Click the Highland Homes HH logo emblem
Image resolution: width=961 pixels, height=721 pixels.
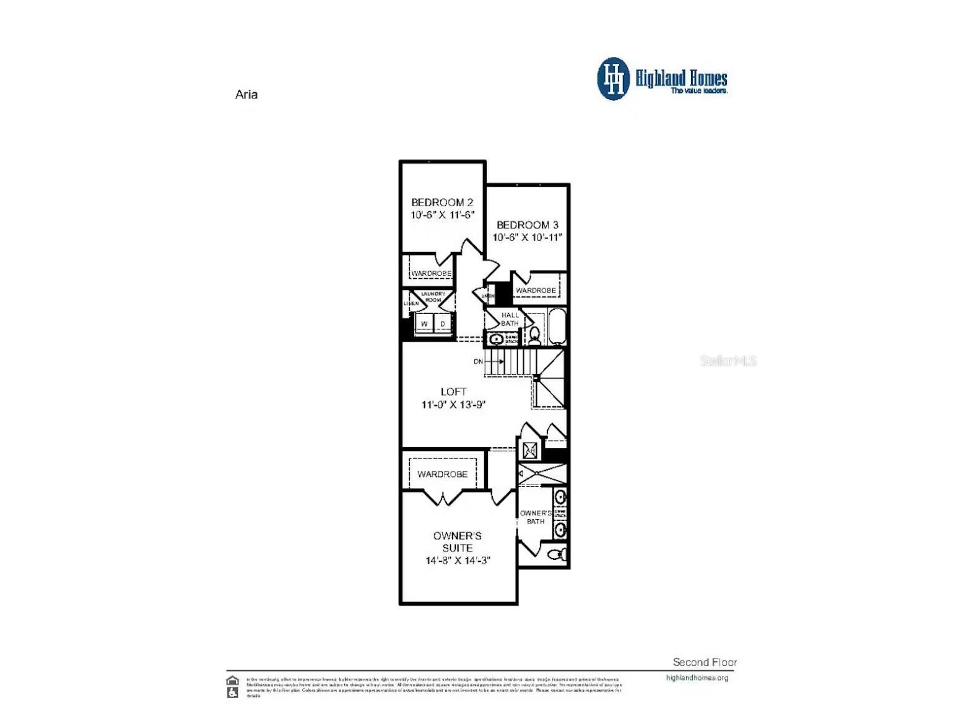tap(613, 79)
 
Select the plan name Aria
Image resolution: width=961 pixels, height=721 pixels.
tap(246, 95)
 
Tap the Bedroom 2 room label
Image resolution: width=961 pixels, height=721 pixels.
tap(442, 203)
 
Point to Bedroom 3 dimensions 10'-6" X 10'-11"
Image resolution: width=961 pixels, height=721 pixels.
tap(527, 237)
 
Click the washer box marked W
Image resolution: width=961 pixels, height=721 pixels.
tap(424, 324)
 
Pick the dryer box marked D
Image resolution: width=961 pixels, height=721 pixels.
tap(443, 324)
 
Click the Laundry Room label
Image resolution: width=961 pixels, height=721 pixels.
tap(433, 297)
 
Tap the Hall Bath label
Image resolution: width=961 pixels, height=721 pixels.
tap(510, 319)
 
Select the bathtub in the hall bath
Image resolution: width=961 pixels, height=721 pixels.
tap(557, 326)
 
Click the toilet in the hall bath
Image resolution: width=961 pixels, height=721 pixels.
tap(534, 335)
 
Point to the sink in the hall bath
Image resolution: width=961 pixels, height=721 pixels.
tap(495, 339)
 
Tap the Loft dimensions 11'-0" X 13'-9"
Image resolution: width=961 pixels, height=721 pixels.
tap(453, 404)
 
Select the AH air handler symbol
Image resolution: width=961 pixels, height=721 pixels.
tap(530, 451)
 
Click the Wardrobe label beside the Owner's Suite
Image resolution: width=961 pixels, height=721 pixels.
tap(442, 474)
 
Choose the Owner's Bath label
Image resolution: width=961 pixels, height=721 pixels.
tap(535, 517)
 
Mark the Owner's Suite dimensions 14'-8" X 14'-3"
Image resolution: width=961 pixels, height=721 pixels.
tap(458, 561)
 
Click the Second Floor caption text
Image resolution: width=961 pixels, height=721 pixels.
tap(705, 662)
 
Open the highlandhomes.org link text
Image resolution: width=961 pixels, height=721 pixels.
tap(697, 678)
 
